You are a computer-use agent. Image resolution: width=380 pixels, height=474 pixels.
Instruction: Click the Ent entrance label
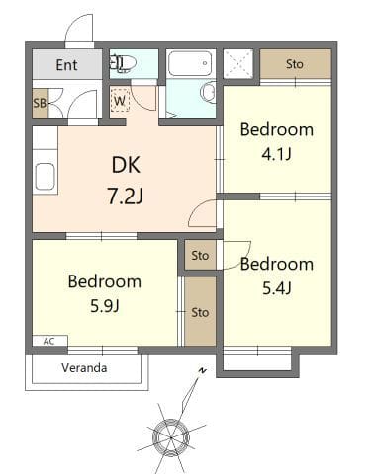66,65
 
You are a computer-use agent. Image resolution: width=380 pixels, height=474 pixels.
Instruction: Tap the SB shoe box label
40,103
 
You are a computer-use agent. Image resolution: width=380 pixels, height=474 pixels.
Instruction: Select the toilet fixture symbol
123,62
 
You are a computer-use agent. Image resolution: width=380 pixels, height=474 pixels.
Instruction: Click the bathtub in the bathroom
190,63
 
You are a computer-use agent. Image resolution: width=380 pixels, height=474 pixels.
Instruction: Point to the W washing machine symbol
120,101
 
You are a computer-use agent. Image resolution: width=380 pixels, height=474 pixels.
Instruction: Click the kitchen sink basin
45,177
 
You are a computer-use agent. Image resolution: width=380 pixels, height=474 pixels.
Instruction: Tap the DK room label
126,165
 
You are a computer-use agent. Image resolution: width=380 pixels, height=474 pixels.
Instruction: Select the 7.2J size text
126,197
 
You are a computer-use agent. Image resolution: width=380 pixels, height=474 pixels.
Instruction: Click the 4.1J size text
276,154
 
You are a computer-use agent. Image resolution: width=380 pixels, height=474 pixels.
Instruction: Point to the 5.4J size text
277,288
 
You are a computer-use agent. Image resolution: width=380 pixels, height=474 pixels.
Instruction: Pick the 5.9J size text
105,306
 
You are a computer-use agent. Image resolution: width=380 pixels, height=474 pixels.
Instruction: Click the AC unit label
48,341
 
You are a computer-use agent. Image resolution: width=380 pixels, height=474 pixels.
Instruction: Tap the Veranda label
84,367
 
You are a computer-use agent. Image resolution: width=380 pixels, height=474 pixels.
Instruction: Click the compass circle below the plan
171,437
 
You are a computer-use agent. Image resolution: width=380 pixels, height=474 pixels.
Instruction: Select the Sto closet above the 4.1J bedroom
295,64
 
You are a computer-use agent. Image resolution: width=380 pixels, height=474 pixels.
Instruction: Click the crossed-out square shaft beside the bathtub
238,64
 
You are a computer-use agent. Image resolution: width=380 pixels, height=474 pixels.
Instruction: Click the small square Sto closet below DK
200,255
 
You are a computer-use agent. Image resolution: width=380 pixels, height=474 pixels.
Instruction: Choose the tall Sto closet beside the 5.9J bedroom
200,312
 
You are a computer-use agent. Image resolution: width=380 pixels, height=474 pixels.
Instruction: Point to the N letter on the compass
202,371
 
